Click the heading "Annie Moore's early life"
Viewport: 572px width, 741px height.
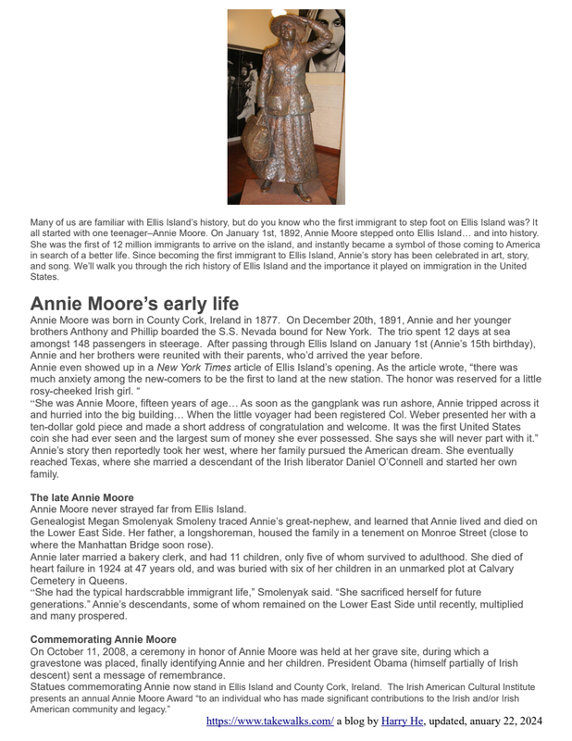[134, 304]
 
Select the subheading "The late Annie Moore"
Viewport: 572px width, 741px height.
[81, 498]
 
